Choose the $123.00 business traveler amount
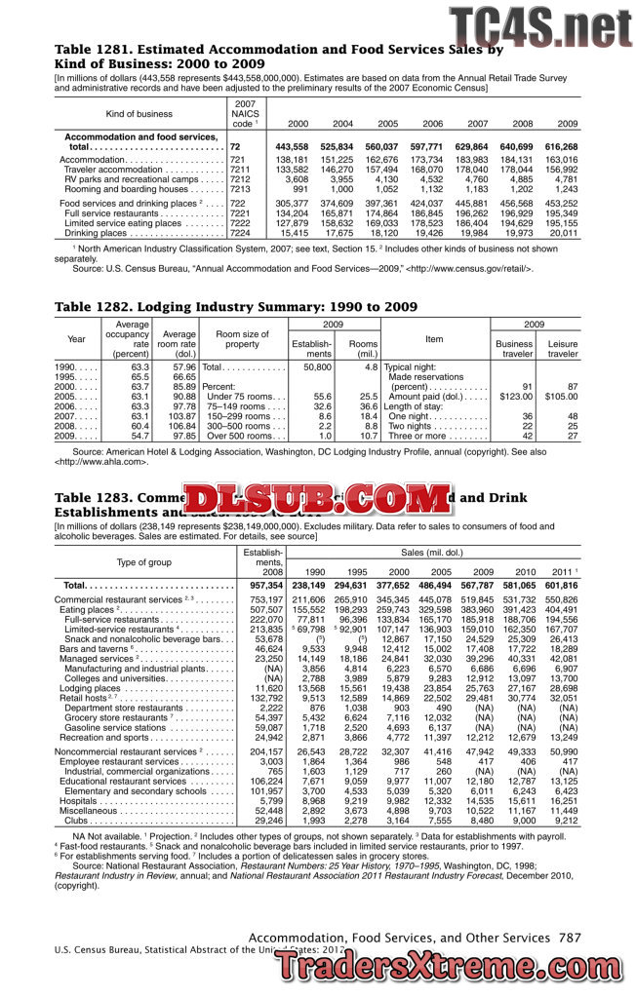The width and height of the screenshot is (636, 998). (515, 397)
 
